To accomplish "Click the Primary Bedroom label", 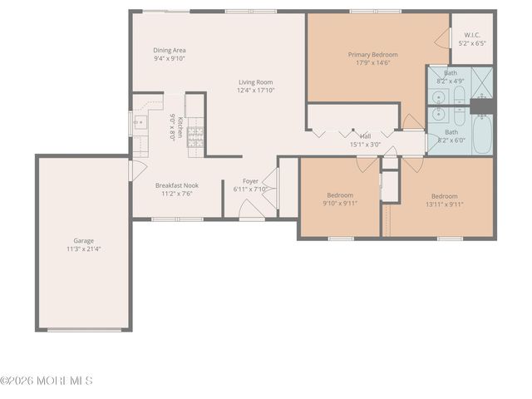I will point(372,55).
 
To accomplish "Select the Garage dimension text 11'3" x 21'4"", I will point(84,249).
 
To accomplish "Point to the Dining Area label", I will point(170,50).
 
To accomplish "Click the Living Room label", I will point(256,81).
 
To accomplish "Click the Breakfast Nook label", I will point(176,185).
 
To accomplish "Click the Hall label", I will point(365,135).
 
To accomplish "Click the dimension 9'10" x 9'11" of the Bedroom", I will point(339,203).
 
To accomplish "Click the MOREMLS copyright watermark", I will point(47,381).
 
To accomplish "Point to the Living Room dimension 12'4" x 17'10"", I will point(256,91).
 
